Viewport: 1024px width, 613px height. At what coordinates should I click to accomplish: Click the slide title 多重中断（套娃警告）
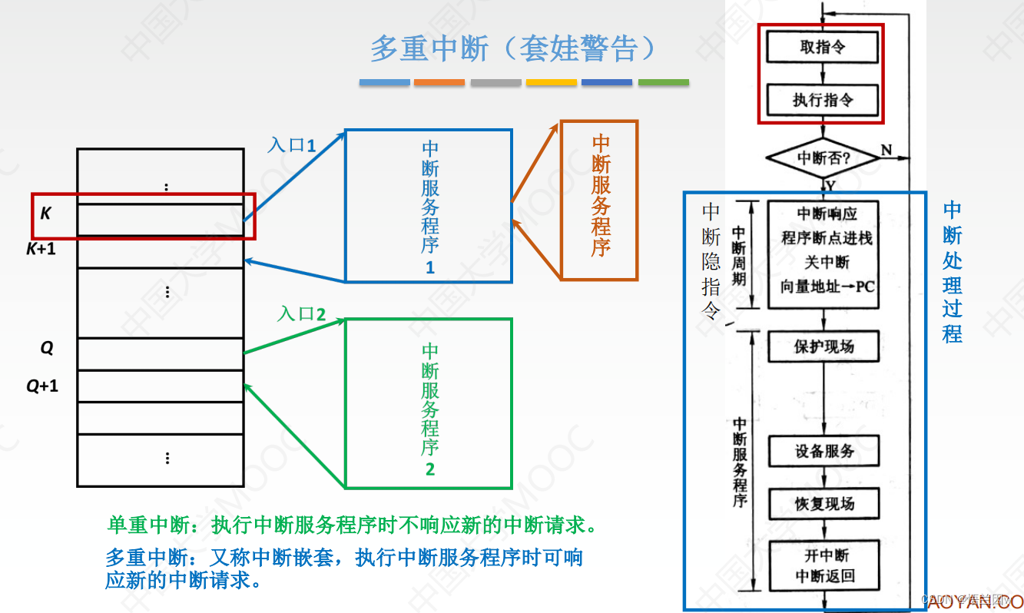click(513, 48)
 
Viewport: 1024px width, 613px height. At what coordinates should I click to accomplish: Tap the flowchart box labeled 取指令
click(823, 48)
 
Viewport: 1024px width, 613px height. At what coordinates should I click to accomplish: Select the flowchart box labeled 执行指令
click(823, 100)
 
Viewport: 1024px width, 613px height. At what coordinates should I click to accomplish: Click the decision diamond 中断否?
click(823, 158)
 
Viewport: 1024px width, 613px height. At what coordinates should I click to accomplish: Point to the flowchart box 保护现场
click(824, 346)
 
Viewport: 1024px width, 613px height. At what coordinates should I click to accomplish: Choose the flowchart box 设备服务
click(824, 451)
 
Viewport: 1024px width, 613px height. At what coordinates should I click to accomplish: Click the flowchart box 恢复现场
click(824, 504)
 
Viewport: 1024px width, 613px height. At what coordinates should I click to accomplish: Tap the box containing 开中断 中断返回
click(824, 565)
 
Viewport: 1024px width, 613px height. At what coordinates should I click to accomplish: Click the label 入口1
click(292, 144)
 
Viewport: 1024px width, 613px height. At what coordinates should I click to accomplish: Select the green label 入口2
click(302, 313)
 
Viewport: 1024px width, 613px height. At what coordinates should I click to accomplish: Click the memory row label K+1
click(41, 249)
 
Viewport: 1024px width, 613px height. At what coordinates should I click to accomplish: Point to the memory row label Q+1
click(42, 386)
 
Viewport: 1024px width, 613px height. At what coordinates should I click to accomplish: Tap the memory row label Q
click(47, 348)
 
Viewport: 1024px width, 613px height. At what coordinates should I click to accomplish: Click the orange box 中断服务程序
click(599, 199)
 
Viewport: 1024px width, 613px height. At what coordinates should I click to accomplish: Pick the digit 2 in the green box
click(429, 469)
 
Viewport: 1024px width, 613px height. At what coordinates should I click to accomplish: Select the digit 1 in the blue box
click(429, 267)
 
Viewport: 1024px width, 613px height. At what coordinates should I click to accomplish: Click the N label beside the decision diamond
click(886, 148)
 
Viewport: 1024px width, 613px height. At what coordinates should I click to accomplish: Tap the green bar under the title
click(663, 82)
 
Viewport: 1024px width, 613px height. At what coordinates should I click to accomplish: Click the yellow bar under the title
click(551, 82)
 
